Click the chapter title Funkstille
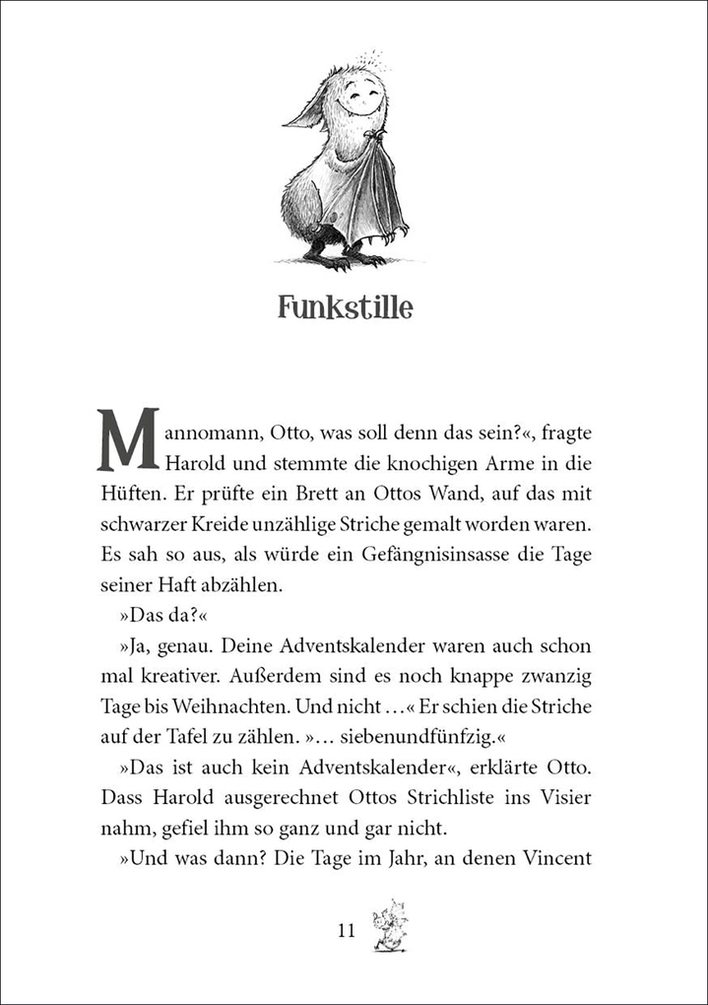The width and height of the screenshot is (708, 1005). (345, 307)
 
